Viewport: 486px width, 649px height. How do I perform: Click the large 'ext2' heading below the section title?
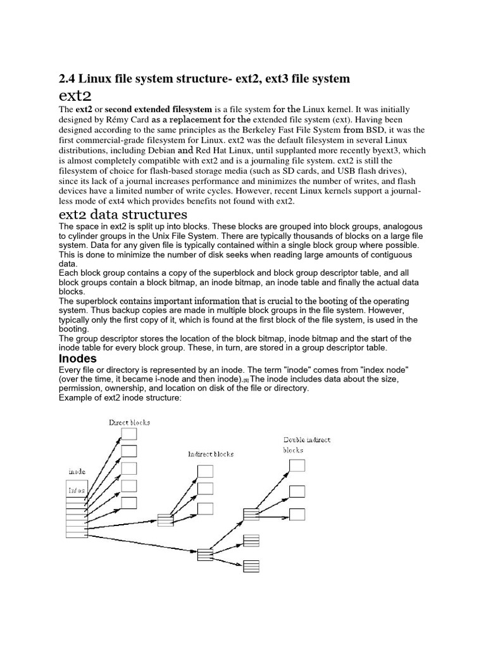tap(75, 96)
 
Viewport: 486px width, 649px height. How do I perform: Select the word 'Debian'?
tap(159, 151)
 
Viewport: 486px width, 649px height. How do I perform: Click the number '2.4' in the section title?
tap(66, 79)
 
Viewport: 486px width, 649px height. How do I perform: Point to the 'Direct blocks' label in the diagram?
tap(129, 422)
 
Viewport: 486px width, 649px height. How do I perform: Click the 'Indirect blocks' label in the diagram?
tap(211, 454)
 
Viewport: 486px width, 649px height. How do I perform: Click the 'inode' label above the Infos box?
tap(77, 472)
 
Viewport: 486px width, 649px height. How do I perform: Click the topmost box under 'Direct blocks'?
tap(129, 434)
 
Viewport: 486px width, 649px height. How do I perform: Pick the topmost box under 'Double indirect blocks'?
tap(297, 466)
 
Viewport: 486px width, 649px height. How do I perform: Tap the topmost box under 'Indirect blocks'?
tap(206, 472)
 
